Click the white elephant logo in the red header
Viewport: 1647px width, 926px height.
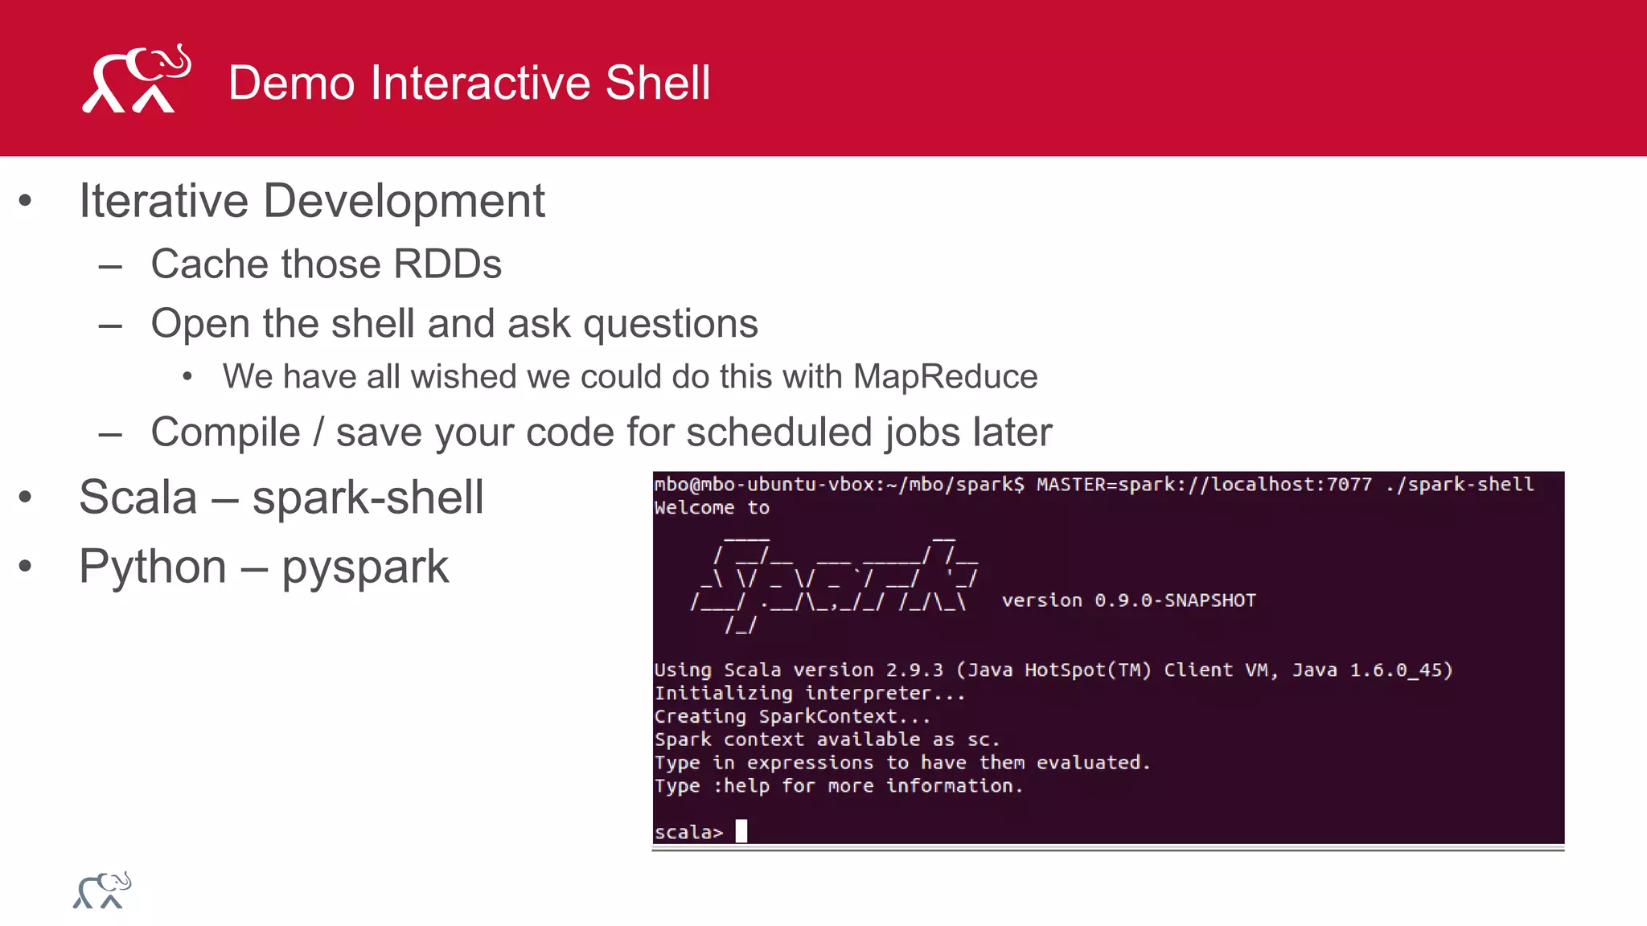coord(137,79)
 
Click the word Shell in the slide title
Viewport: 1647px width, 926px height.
coord(658,83)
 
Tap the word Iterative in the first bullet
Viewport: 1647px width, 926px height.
coord(164,200)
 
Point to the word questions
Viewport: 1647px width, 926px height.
coord(670,324)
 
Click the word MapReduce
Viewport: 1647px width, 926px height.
coord(945,377)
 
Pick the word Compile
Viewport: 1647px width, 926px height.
coord(225,432)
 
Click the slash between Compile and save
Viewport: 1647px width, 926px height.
coord(318,432)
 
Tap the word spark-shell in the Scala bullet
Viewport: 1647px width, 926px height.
coord(368,498)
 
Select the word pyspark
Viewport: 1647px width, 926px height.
coord(364,567)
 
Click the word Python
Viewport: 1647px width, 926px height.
coord(153,567)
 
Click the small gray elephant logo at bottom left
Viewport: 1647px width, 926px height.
coord(102,891)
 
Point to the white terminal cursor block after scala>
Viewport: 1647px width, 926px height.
coord(741,831)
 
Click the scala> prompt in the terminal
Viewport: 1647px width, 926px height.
coord(688,833)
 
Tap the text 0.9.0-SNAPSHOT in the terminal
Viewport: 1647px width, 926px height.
coord(1175,600)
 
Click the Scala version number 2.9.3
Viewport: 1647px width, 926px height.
coord(914,670)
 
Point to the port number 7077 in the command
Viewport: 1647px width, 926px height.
coord(1349,485)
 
